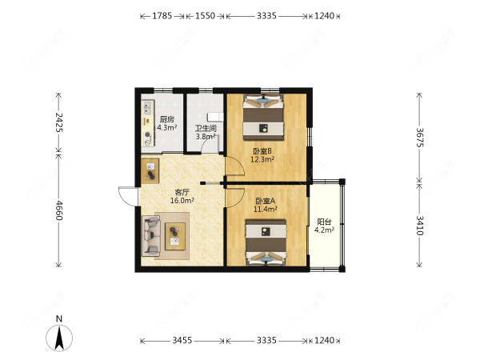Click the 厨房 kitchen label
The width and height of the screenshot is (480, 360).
(x=166, y=119)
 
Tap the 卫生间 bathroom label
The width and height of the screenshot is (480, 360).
(x=206, y=128)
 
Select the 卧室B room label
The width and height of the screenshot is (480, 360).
(x=262, y=151)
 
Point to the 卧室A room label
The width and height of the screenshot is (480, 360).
(x=265, y=201)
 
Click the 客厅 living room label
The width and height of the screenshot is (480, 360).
(x=182, y=192)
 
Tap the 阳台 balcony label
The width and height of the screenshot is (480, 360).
(x=324, y=222)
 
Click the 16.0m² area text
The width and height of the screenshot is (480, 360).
(x=182, y=201)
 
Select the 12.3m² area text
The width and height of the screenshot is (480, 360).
(x=262, y=159)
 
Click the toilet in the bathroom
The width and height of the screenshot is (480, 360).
(x=215, y=117)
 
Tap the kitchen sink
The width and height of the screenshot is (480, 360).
(x=147, y=107)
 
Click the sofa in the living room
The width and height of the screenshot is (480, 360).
(x=151, y=236)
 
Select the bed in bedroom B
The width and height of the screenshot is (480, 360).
(x=263, y=118)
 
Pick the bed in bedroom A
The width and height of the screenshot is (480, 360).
(x=266, y=242)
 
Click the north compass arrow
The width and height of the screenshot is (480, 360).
(x=59, y=338)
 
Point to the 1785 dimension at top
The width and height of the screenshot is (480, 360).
(x=162, y=16)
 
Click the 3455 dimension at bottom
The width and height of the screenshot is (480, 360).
(x=182, y=340)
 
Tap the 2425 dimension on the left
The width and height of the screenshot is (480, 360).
(x=58, y=122)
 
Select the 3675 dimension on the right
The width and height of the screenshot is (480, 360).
(x=420, y=138)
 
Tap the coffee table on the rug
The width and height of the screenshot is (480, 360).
(x=175, y=236)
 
